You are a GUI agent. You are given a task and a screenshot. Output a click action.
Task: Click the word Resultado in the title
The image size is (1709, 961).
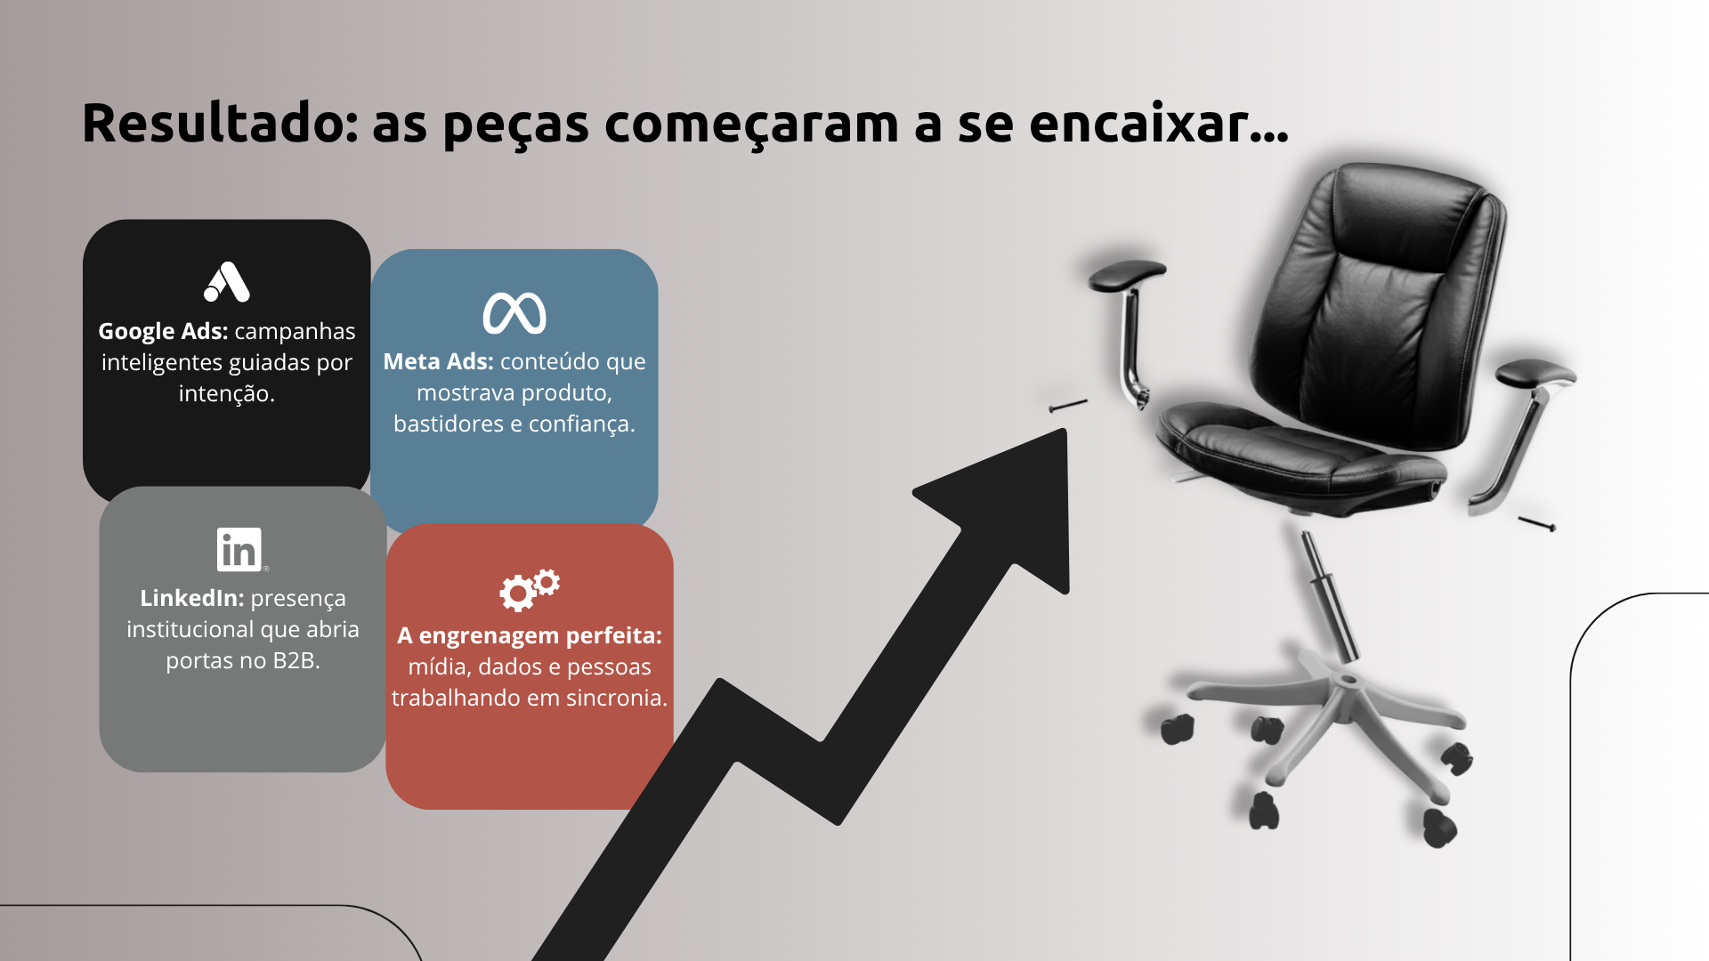click(220, 123)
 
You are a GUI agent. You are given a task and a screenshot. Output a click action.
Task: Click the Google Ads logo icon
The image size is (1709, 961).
click(227, 282)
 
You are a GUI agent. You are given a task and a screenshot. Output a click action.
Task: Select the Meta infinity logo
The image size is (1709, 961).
click(514, 313)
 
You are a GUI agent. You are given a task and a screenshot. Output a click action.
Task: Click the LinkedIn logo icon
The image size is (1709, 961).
click(239, 549)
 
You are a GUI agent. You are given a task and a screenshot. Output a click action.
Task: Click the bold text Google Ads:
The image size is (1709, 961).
click(163, 331)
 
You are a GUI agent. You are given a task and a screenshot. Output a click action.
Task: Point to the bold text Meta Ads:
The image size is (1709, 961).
click(438, 361)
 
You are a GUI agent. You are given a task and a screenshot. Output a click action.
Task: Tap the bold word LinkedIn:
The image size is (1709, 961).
click(191, 598)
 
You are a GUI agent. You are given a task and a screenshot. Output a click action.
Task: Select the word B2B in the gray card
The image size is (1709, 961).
click(296, 660)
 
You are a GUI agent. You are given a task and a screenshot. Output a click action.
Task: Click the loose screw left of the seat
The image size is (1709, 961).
click(1068, 406)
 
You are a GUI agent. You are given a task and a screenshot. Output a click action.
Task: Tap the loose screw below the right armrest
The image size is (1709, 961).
click(1537, 524)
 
